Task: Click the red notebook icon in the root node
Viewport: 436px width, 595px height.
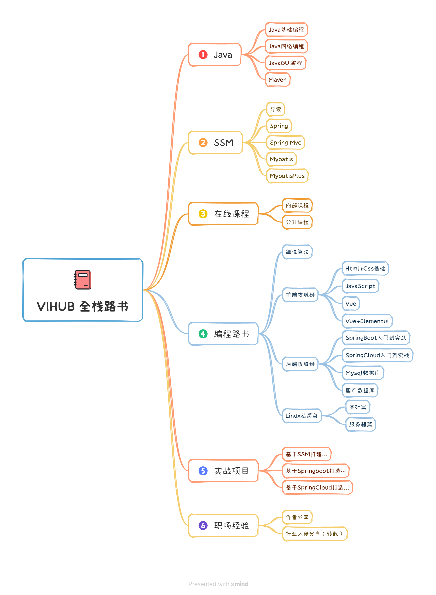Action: [83, 280]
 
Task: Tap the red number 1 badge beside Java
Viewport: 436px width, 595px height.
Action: [203, 55]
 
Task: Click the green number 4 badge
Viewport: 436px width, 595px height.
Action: [203, 334]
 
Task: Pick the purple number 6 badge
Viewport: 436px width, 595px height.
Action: [203, 525]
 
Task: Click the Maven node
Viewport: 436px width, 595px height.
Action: [277, 80]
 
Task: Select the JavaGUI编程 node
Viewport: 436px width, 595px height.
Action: [285, 63]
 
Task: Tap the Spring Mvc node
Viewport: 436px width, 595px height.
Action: [285, 143]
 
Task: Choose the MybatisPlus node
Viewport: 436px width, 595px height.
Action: [287, 176]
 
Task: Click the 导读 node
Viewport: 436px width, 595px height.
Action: [276, 109]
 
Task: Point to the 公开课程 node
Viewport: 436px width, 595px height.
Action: [297, 222]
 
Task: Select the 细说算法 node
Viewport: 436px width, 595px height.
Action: [297, 252]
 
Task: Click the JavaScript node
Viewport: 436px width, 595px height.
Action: [360, 286]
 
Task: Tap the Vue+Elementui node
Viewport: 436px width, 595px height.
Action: [367, 321]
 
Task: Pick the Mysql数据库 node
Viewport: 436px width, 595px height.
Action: [363, 373]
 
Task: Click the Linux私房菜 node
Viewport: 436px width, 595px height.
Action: [302, 416]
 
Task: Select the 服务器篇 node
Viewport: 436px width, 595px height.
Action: [360, 425]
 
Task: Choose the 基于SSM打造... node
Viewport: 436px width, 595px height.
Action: [306, 454]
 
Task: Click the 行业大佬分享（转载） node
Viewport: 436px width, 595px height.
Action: [315, 534]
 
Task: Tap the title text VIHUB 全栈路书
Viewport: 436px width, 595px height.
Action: [83, 306]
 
